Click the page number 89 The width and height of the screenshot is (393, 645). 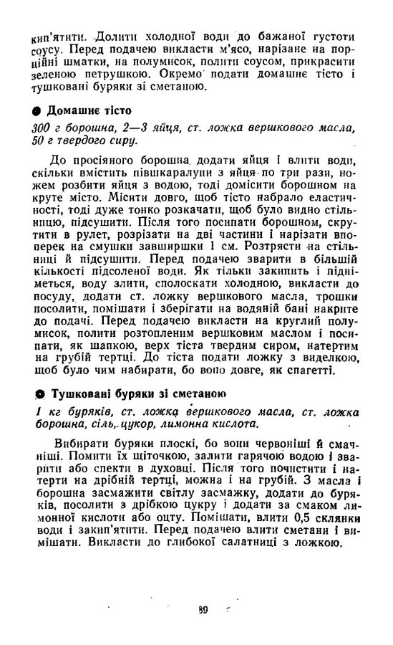[x=203, y=611]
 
